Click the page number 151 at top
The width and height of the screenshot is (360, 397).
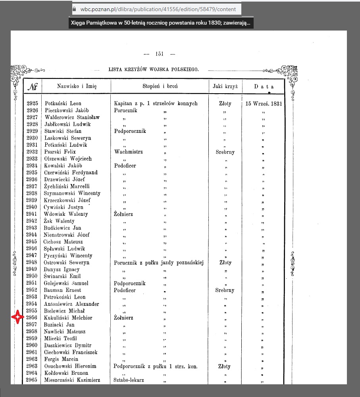160,54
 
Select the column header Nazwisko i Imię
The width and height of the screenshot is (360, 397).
77,86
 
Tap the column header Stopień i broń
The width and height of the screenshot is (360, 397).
160,86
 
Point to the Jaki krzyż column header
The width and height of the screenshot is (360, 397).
225,86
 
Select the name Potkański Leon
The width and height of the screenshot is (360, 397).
63,104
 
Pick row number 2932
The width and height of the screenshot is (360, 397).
32,152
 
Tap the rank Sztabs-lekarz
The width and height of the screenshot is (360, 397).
129,380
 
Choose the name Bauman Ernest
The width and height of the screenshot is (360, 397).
62,290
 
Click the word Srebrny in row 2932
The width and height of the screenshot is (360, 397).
225,152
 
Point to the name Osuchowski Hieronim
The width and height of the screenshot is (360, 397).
70,366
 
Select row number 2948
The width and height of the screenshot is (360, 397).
32,263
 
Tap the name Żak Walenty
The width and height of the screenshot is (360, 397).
59,221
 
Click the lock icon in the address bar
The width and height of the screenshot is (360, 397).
74,9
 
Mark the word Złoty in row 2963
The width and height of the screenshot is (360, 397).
225,366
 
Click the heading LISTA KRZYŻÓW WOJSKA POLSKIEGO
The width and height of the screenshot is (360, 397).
153,70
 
